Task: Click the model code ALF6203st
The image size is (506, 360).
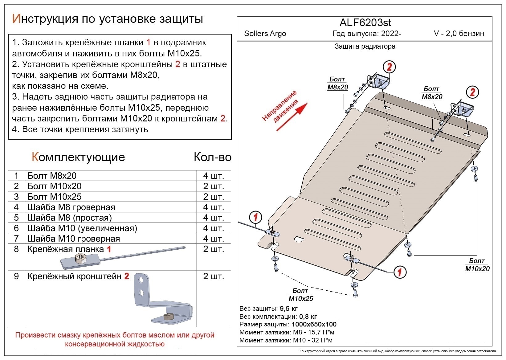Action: coord(365,22)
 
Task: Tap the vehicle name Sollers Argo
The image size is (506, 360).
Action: coord(265,34)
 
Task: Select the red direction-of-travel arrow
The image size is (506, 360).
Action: coord(292,117)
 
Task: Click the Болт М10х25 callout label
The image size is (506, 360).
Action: coord(300,295)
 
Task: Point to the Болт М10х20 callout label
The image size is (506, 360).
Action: coord(477,265)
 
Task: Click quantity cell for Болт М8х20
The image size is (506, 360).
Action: coord(213,176)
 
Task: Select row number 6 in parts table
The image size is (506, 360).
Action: coord(16,228)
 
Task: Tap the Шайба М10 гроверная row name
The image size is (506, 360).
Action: coord(74,239)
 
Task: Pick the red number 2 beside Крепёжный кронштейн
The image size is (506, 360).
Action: coord(127,276)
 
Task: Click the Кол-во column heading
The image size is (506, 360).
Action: coord(212,157)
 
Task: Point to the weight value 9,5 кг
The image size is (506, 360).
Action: coord(288,309)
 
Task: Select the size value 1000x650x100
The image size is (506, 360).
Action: coord(314,324)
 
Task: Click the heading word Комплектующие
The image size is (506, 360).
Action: coord(78,157)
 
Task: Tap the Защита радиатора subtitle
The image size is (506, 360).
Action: coord(365,47)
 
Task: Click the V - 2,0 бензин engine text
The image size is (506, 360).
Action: coord(459,34)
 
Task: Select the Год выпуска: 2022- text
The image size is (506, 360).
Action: coord(367,34)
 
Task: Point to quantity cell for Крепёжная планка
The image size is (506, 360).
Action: coord(213,249)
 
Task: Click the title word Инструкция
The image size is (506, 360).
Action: coord(45,19)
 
